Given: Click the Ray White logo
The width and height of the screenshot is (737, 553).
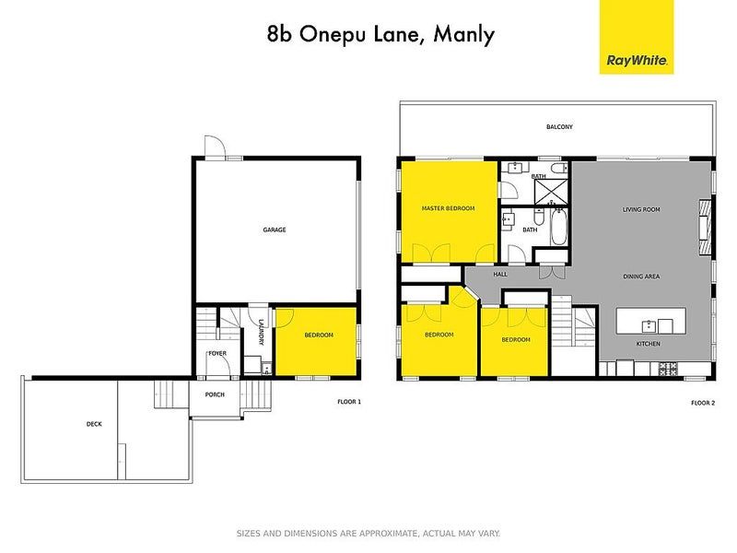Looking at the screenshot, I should (x=637, y=38).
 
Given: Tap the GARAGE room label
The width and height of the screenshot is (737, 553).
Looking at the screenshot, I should (x=274, y=229).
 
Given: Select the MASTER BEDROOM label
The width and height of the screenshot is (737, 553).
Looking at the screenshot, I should (x=448, y=209).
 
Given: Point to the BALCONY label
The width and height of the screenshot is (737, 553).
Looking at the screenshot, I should (x=559, y=127).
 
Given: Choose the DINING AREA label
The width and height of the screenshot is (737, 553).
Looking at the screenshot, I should (x=640, y=276).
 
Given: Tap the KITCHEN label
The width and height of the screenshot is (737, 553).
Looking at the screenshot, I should (x=648, y=344).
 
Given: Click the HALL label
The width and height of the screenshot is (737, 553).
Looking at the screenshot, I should (x=500, y=274).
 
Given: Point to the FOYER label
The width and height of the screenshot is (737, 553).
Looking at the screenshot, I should (x=217, y=353).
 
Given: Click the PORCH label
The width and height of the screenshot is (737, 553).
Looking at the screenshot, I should (x=215, y=395).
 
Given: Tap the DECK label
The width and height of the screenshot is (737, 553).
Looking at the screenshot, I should (x=94, y=424).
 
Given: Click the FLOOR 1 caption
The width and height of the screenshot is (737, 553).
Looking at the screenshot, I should (x=348, y=402).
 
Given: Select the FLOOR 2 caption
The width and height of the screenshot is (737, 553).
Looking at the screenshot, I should (x=703, y=403).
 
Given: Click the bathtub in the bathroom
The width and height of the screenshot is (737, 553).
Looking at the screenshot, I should (x=559, y=228).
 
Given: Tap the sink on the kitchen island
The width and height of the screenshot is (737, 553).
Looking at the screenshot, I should (x=649, y=324).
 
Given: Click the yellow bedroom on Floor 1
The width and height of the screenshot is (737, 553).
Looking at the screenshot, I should (x=317, y=341).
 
